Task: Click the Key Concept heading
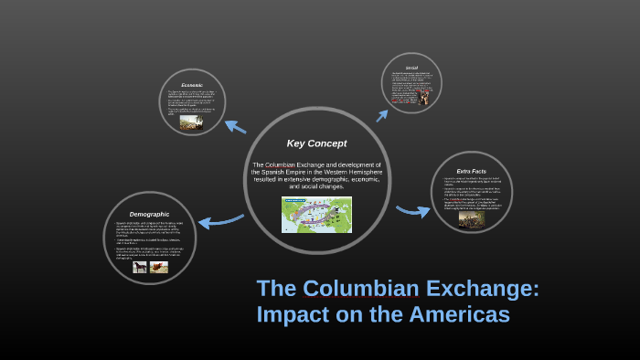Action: point(316,143)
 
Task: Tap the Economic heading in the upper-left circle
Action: point(191,85)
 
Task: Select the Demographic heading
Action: point(149,214)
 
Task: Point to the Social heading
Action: point(411,68)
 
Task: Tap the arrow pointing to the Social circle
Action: point(383,114)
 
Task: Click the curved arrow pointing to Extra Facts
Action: point(413,211)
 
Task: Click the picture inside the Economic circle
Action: point(191,122)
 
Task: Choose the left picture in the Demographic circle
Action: point(140,267)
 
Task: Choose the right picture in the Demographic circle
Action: point(159,267)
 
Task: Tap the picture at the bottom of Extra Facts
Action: point(472,219)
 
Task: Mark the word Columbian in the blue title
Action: point(358,289)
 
